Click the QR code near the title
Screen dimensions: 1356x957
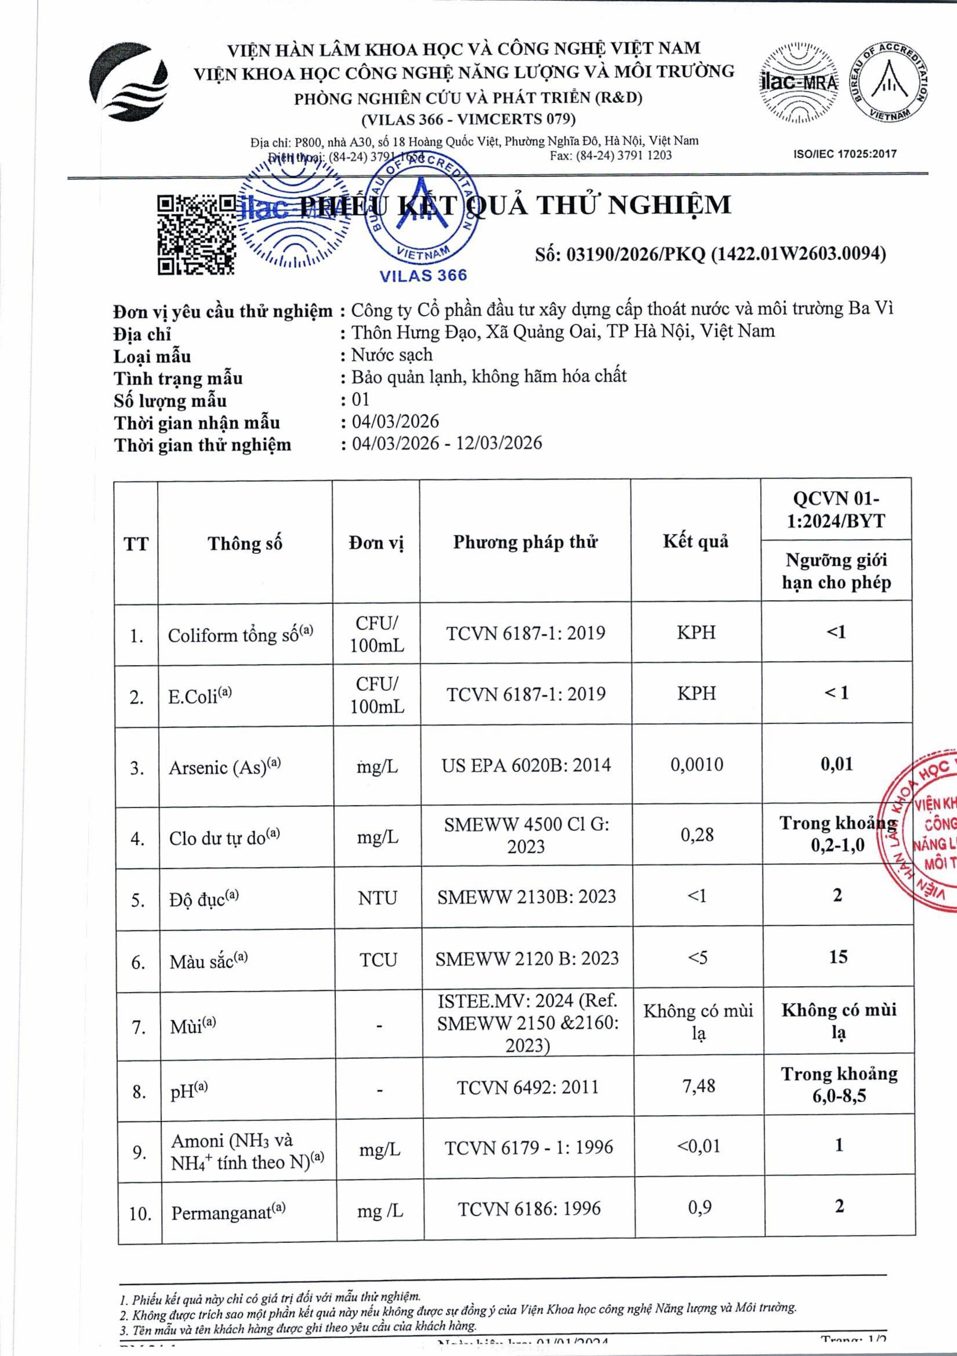coord(196,234)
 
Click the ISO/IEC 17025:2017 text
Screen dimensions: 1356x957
coord(845,154)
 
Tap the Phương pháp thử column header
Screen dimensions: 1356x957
coord(525,542)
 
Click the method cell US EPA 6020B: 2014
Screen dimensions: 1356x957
coord(525,765)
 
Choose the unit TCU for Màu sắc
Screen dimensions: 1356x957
coord(378,960)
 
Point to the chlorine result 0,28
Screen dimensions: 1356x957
coord(697,834)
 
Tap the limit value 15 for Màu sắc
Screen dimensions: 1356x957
coord(838,957)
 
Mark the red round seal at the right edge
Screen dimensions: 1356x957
coord(921,827)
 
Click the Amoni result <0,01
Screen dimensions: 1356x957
coord(698,1146)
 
